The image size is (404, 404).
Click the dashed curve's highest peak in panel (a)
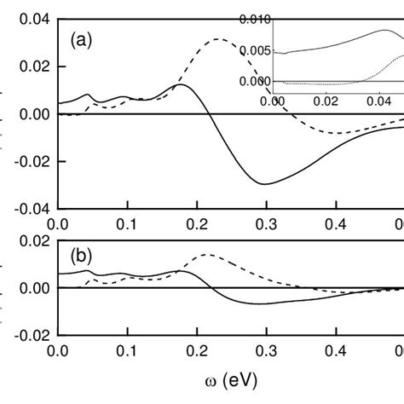coord(219,39)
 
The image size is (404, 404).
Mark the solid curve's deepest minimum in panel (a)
coord(265,184)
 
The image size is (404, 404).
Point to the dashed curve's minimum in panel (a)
coord(341,133)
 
